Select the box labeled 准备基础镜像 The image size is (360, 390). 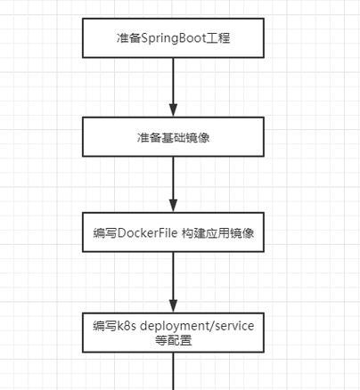pyautogui.click(x=173, y=137)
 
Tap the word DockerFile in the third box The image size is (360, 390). pyautogui.click(x=148, y=233)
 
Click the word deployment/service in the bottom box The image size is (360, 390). pyautogui.click(x=197, y=326)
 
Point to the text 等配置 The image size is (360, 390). pyautogui.click(x=173, y=340)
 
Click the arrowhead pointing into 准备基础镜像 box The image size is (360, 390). pyautogui.click(x=173, y=110)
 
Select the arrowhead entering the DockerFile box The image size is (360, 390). pyautogui.click(x=173, y=206)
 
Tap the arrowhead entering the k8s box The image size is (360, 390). pyautogui.click(x=173, y=306)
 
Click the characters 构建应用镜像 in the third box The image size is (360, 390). pyautogui.click(x=217, y=233)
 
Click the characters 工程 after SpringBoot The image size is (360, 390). pyautogui.click(x=218, y=38)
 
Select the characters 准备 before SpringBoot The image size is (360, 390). pyautogui.click(x=128, y=38)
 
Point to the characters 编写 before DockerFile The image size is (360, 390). pyautogui.click(x=105, y=233)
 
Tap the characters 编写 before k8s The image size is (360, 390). pyautogui.click(x=105, y=326)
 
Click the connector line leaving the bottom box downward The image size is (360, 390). pyautogui.click(x=173, y=371)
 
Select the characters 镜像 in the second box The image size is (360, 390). pyautogui.click(x=198, y=137)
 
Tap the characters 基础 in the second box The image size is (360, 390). pyautogui.click(x=173, y=137)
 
